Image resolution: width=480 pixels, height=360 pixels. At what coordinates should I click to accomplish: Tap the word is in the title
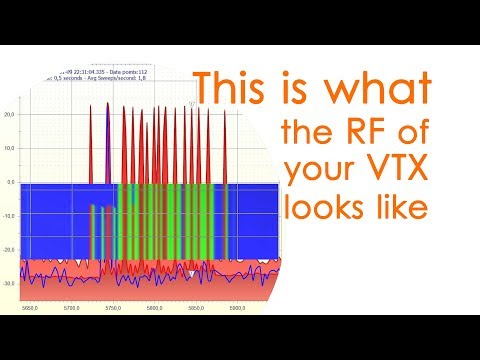click(x=313, y=91)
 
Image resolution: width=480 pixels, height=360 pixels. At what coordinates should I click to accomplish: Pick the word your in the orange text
click(x=318, y=173)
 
